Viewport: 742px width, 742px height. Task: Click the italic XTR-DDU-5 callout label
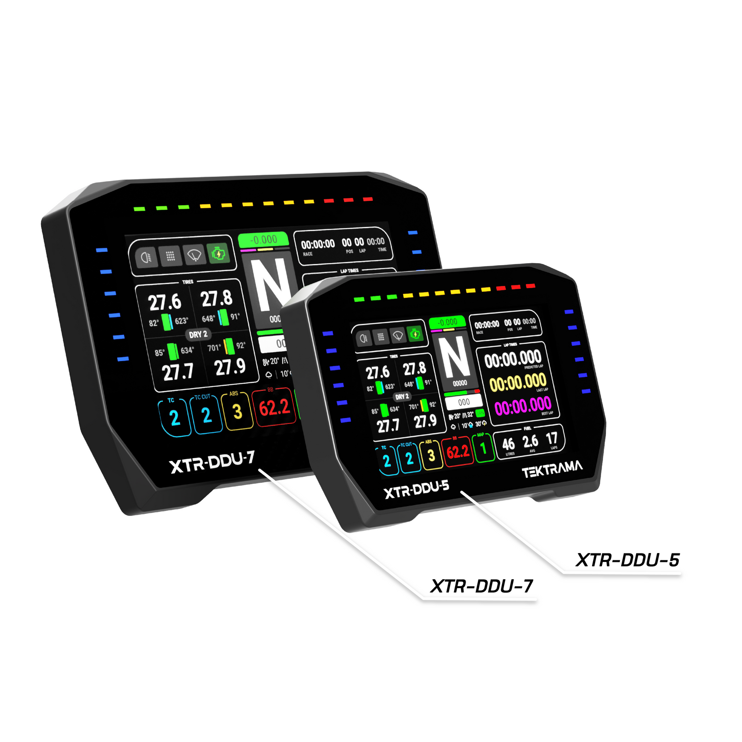point(627,560)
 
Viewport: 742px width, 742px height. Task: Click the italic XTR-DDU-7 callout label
point(482,587)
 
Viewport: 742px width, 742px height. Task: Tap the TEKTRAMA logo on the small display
point(552,469)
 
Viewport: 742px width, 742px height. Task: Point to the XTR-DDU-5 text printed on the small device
point(417,490)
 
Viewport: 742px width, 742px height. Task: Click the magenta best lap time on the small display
point(522,406)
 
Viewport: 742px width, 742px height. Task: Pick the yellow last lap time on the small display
point(517,382)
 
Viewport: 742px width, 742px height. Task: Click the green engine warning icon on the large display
point(218,254)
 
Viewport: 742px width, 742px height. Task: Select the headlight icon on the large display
point(146,257)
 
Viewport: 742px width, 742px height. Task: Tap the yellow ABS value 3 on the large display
point(237,412)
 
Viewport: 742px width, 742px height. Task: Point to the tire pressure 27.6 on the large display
point(165,302)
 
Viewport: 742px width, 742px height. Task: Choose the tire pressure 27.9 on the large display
point(230,367)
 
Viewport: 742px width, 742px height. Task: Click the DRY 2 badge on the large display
point(198,334)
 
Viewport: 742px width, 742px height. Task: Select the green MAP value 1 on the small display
point(483,448)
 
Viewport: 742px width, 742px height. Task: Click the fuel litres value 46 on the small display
point(509,444)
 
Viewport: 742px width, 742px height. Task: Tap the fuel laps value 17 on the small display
point(552,438)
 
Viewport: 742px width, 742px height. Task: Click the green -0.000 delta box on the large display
point(263,240)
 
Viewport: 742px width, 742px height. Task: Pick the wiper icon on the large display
point(194,255)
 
